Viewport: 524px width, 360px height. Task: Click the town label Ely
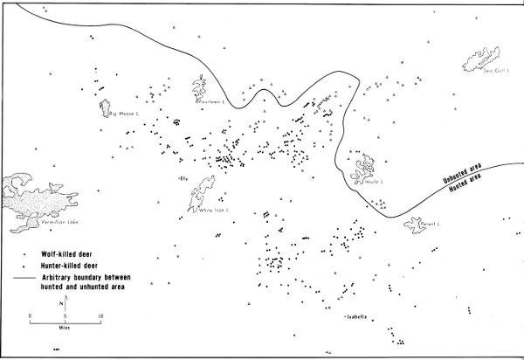point(183,179)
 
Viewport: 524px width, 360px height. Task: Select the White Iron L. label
point(213,211)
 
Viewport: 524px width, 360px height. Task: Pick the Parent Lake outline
point(416,225)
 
